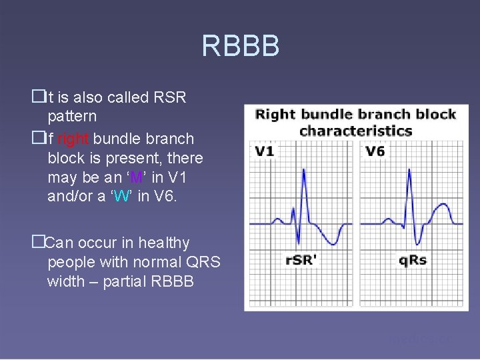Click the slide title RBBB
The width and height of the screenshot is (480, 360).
point(240,47)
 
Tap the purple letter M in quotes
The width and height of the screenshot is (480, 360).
point(137,178)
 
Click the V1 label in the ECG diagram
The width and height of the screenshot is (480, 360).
point(265,151)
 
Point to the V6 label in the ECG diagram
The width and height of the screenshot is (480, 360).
point(375,151)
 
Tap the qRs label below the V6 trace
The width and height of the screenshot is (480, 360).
point(413,260)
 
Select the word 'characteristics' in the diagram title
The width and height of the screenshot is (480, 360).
point(355,130)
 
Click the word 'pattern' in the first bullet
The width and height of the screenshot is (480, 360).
point(72,116)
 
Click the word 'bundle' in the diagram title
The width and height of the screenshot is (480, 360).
point(326,114)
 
